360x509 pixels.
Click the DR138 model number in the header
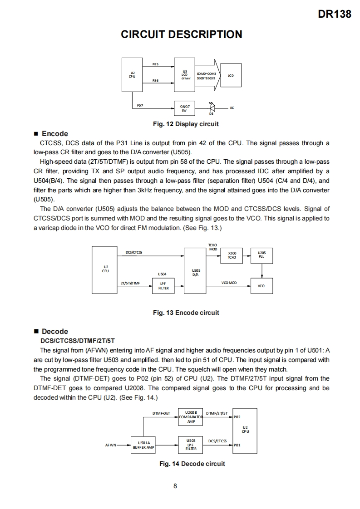point(335,14)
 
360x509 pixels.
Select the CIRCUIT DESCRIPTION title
point(182,34)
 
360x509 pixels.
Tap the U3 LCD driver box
point(185,73)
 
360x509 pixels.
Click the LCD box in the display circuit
point(231,75)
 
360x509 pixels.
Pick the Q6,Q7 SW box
point(185,108)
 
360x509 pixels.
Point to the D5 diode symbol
point(211,108)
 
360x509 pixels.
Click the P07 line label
point(140,105)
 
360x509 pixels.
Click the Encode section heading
point(54,134)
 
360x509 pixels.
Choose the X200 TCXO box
point(232,255)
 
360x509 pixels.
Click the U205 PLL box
point(261,255)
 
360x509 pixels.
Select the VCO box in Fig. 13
point(261,286)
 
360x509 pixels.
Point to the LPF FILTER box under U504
point(163,286)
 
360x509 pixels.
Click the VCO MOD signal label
point(229,283)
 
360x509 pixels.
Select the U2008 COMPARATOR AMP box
point(191,416)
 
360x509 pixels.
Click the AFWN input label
point(110,445)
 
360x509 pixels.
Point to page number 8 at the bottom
point(175,486)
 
